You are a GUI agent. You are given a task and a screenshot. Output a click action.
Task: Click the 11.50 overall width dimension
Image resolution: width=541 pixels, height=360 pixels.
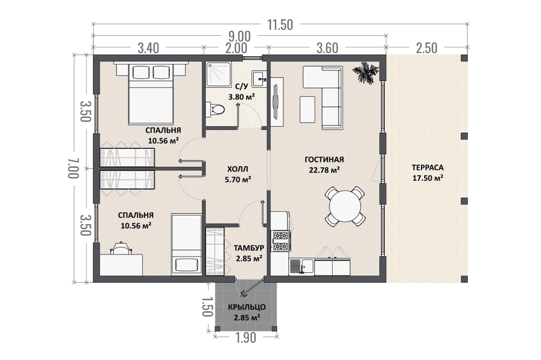pyautogui.click(x=280, y=25)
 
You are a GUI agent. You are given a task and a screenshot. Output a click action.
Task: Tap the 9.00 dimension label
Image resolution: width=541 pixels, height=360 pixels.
pyautogui.click(x=240, y=36)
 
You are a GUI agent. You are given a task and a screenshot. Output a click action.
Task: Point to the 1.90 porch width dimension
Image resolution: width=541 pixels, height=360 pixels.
pyautogui.click(x=246, y=338)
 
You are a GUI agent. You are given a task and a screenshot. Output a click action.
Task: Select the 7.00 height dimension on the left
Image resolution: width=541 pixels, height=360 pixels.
pyautogui.click(x=74, y=168)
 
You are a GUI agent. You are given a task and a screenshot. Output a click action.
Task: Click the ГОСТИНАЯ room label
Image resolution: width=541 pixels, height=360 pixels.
pyautogui.click(x=324, y=160)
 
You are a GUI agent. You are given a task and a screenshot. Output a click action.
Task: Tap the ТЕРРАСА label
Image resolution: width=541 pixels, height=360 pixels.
pyautogui.click(x=427, y=168)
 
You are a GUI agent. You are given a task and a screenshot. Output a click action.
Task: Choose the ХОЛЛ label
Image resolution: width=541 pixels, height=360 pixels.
pyautogui.click(x=237, y=169)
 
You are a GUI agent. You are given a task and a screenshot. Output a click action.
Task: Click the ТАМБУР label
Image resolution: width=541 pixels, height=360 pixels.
pyautogui.click(x=249, y=248)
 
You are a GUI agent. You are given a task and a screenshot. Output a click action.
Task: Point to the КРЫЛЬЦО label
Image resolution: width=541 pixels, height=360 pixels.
pyautogui.click(x=247, y=307)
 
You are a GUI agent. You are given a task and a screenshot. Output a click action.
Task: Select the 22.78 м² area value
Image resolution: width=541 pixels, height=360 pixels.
pyautogui.click(x=324, y=170)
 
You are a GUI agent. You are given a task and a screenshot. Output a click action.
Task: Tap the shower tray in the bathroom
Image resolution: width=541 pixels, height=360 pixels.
pyautogui.click(x=219, y=74)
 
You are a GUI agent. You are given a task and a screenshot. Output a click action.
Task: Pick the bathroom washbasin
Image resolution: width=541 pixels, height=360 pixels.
pyautogui.click(x=259, y=79)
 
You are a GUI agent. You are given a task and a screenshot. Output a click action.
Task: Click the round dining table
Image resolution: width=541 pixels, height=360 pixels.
pyautogui.click(x=345, y=206)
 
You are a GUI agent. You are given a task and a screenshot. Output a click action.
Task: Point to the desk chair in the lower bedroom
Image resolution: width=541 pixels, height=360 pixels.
pyautogui.click(x=121, y=248)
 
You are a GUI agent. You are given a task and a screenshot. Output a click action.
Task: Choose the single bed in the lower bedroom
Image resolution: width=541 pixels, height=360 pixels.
pyautogui.click(x=186, y=244)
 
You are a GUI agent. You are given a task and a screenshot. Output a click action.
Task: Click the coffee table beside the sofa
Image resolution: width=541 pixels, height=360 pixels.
pyautogui.click(x=307, y=109)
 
